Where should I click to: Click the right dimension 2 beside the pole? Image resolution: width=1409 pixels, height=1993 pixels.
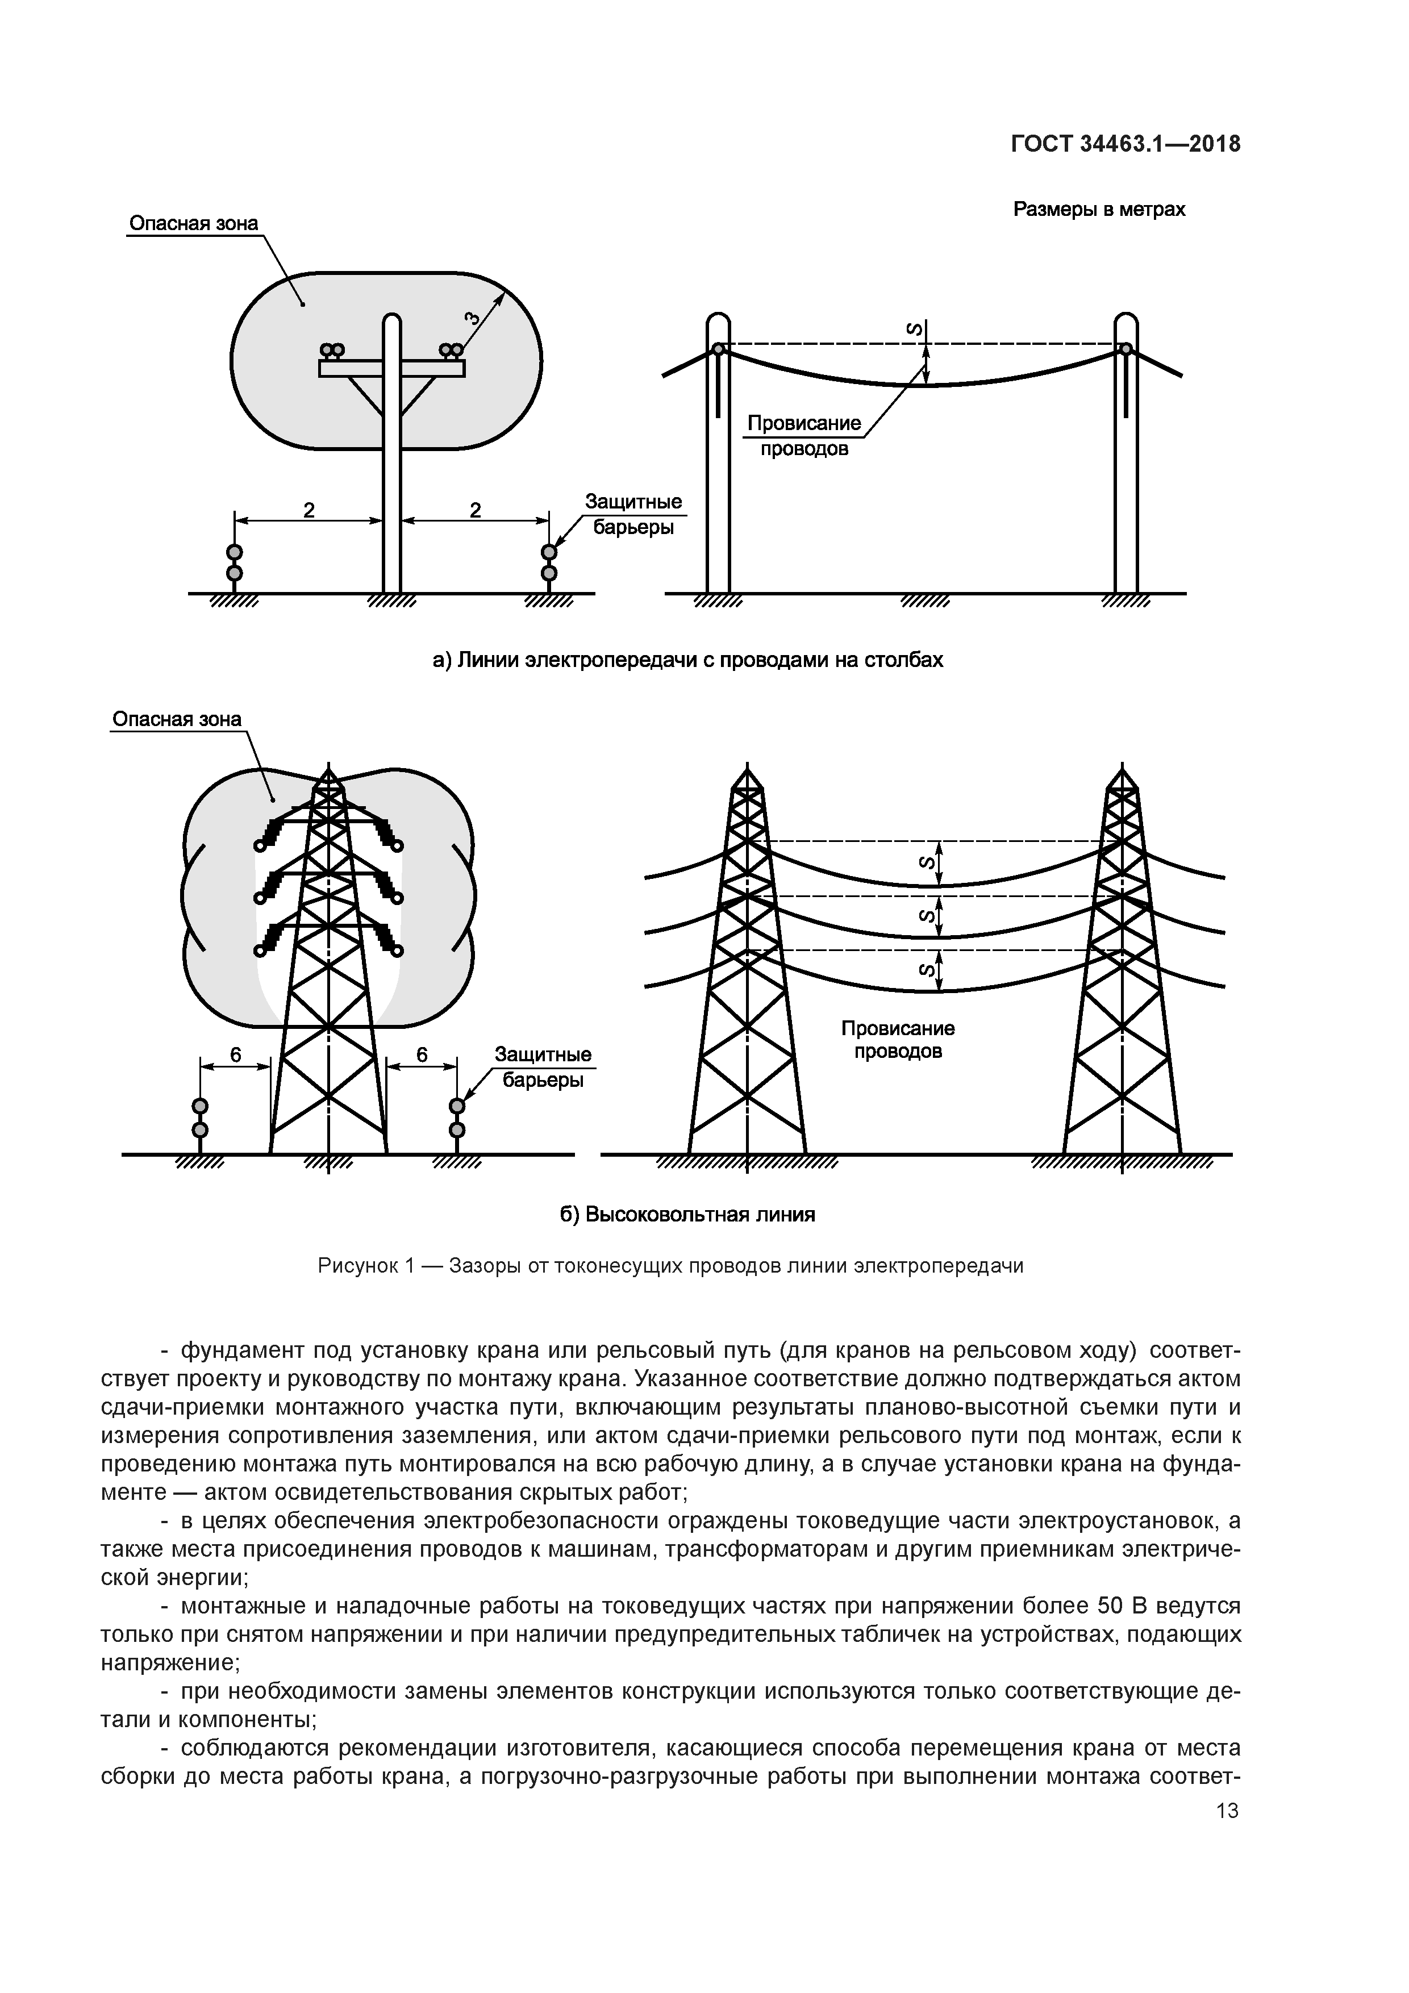click(x=475, y=510)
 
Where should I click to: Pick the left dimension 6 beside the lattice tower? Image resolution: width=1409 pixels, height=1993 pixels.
click(x=235, y=1054)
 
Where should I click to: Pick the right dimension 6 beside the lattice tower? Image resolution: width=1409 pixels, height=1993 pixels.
click(x=422, y=1054)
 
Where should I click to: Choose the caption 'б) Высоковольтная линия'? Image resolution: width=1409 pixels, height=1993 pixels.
click(x=687, y=1214)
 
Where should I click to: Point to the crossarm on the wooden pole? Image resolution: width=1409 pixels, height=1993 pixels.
click(x=391, y=368)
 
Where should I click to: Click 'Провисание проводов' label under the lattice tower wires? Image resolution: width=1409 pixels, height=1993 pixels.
click(x=898, y=1040)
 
